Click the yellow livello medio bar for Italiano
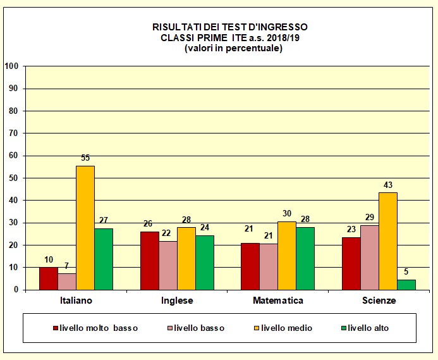coord(85,228)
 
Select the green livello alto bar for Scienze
coord(406,285)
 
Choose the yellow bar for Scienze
coord(387,241)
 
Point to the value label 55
coord(85,160)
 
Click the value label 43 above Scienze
coord(387,185)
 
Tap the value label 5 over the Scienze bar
coord(406,273)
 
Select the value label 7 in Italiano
coord(67,267)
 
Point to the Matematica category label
coord(278,301)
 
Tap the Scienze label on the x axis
coord(379,301)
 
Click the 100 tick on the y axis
coord(11,66)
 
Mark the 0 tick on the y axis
coord(16,290)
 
